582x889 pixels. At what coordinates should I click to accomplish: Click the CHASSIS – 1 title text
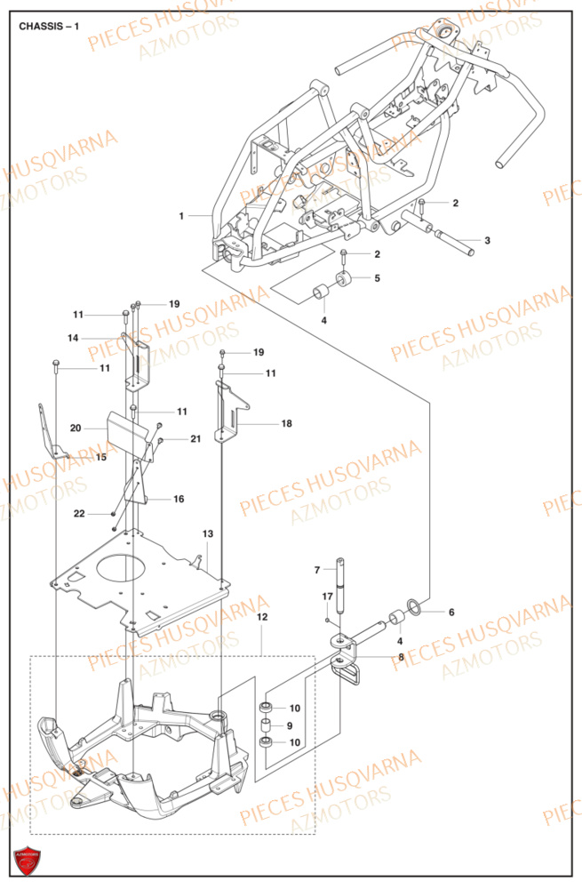(x=49, y=26)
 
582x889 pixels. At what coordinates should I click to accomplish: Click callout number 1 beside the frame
(x=181, y=216)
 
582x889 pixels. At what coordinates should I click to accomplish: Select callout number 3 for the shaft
(x=487, y=241)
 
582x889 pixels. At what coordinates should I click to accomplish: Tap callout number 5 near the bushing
(x=377, y=278)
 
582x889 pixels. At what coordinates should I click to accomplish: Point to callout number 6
(x=450, y=613)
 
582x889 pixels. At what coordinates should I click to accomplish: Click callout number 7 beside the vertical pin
(x=315, y=569)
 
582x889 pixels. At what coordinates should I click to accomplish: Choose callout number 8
(x=402, y=659)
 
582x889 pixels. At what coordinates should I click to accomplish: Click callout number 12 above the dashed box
(x=262, y=616)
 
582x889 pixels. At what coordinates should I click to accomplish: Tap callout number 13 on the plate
(x=207, y=533)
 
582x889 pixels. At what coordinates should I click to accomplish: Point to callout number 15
(x=101, y=457)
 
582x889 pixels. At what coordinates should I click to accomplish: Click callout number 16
(x=179, y=499)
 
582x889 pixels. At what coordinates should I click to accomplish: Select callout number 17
(x=327, y=596)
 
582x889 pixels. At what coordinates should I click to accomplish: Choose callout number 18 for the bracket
(x=286, y=424)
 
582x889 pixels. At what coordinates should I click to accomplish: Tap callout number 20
(x=76, y=428)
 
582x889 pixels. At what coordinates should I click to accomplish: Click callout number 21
(x=195, y=439)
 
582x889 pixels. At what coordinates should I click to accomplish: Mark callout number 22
(x=79, y=514)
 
